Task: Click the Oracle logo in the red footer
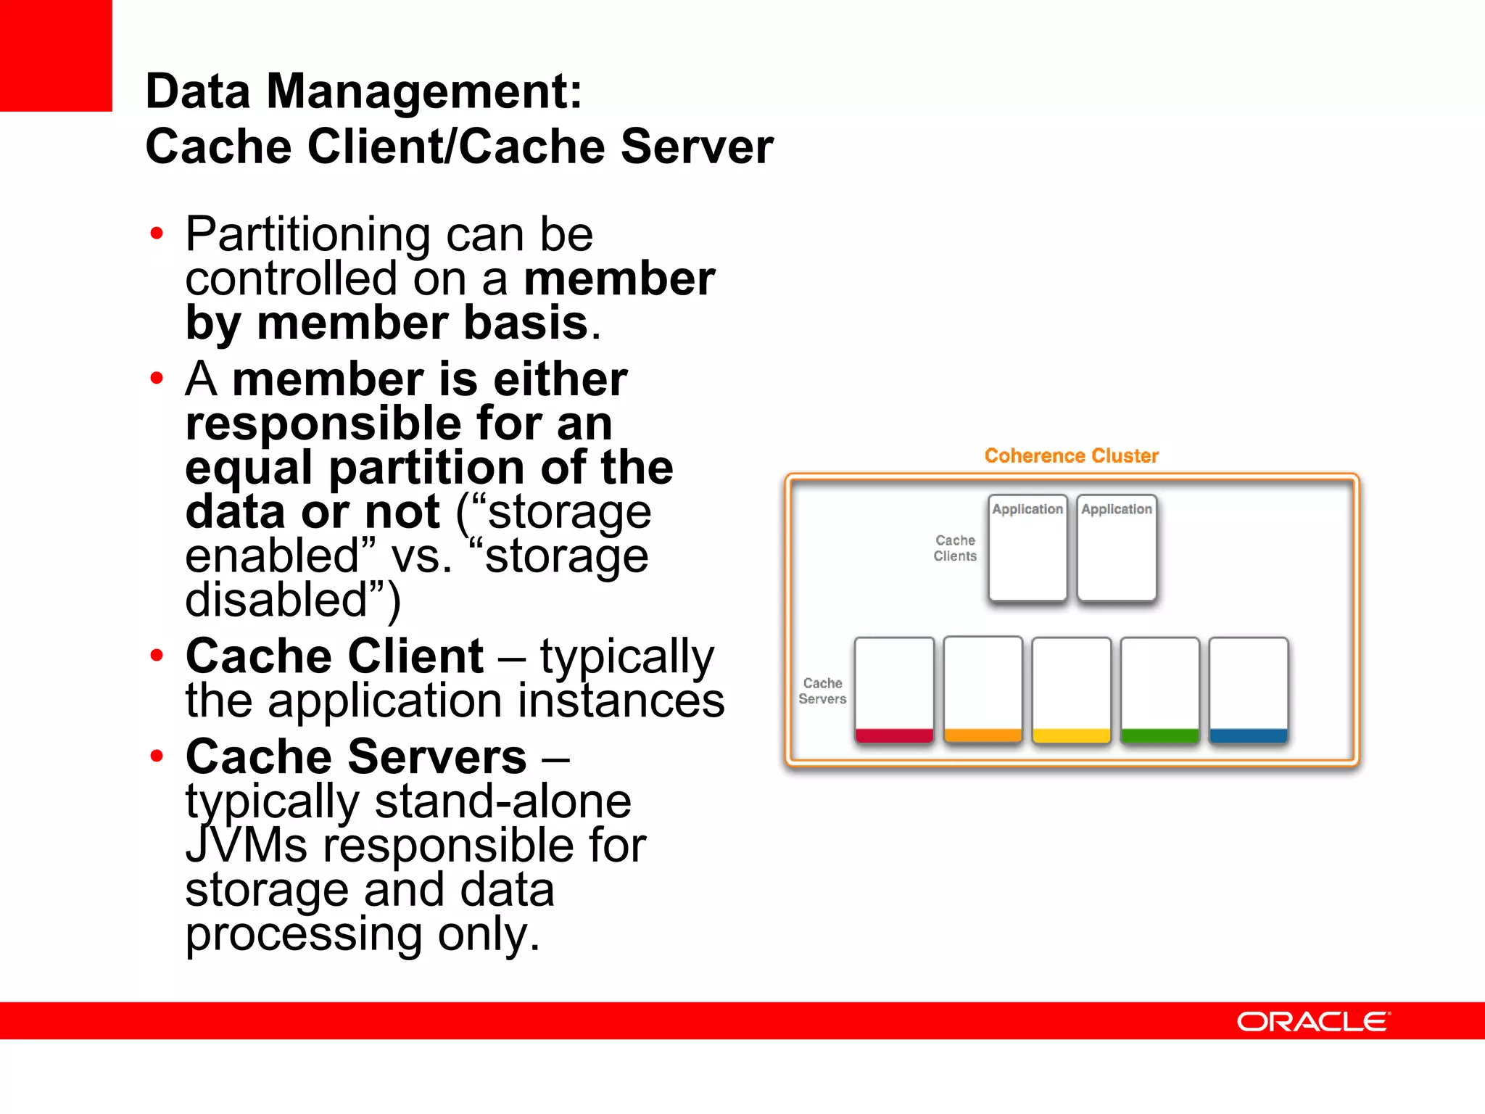pos(1312,1021)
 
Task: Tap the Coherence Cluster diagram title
pos(1071,455)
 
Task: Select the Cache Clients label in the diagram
pos(955,548)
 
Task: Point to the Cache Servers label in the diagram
pos(822,691)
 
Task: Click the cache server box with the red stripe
pos(894,690)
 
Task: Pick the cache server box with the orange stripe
pos(983,690)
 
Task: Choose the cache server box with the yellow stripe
pos(1071,690)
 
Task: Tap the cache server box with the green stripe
pos(1159,690)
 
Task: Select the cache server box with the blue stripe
pos(1248,690)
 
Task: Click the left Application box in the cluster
pos(1027,548)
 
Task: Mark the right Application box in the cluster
pos(1117,548)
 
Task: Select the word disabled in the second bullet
pos(276,600)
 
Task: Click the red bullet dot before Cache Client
pos(157,656)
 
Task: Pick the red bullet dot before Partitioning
pos(157,234)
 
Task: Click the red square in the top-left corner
pos(56,55)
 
